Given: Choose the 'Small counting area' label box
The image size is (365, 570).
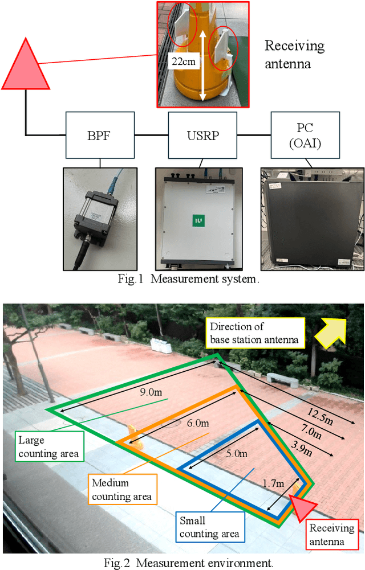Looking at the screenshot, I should coord(209,527).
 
